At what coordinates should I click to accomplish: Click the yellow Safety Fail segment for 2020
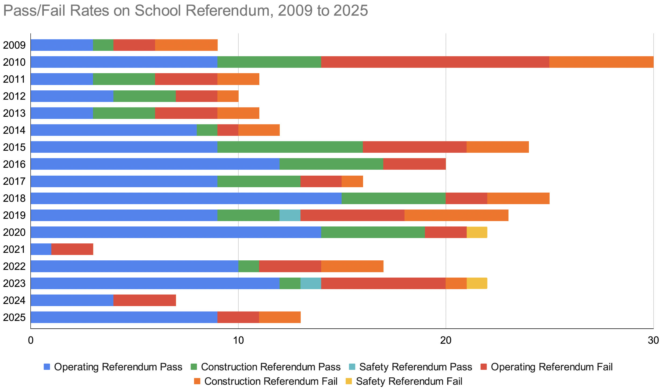477,232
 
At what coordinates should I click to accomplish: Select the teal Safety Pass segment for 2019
290,215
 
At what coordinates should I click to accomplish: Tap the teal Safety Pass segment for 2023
311,283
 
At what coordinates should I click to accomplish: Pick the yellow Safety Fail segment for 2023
477,283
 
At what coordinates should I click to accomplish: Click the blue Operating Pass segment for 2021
41,249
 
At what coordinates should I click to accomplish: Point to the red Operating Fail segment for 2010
435,62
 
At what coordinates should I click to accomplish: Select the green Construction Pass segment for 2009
103,45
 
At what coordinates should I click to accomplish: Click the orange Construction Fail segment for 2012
228,96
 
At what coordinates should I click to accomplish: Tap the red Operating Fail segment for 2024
145,300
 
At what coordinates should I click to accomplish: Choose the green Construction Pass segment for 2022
249,266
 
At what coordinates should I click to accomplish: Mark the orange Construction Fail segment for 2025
280,317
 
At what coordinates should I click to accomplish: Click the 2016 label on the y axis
14,164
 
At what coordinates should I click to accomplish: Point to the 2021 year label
14,250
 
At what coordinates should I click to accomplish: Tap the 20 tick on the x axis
446,341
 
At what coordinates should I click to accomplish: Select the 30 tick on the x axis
653,341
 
